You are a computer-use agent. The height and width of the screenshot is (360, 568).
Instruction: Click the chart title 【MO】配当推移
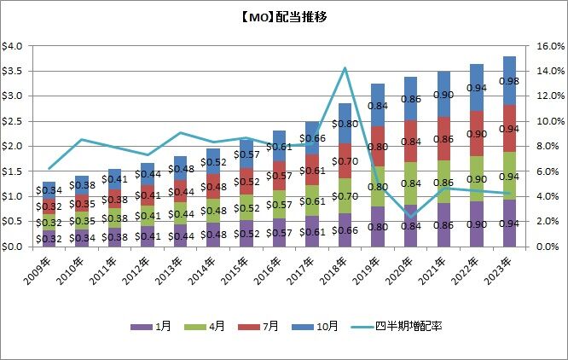[284, 18]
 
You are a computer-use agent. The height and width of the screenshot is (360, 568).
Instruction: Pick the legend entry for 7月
[271, 328]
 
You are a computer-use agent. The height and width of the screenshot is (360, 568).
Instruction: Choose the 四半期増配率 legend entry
[402, 328]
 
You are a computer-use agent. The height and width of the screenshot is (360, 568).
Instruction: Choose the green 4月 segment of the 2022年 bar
[476, 179]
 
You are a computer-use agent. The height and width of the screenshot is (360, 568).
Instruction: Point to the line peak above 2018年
[345, 68]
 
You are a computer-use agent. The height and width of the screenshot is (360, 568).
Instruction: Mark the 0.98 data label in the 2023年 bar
[508, 81]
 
